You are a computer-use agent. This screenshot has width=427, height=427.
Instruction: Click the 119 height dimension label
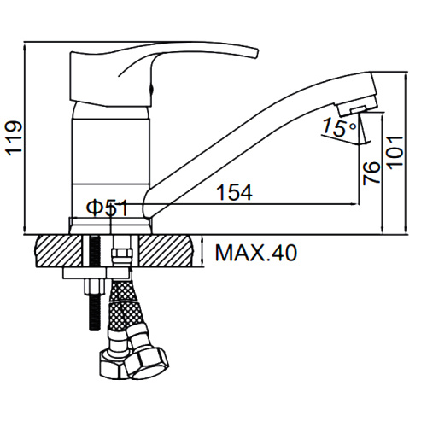point(14,138)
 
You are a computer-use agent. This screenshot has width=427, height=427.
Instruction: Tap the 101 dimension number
point(396,153)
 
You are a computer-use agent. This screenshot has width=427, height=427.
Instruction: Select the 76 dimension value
point(371,173)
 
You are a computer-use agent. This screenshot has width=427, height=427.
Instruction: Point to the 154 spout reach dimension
point(234,192)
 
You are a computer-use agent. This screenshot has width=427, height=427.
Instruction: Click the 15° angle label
point(339,127)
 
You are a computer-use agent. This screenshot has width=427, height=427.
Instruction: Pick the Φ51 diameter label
point(108,208)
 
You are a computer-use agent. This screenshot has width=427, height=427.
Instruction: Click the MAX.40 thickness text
point(256,253)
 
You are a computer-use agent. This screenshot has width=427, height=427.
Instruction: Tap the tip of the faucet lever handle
point(257,53)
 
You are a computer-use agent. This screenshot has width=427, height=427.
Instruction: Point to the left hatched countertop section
point(58,251)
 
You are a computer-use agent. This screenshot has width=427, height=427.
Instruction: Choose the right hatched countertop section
point(166,251)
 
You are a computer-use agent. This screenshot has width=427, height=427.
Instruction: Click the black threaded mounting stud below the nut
point(94,314)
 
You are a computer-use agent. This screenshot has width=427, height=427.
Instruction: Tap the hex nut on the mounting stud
point(94,288)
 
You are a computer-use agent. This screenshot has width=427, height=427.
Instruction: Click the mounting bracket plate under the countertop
point(97,273)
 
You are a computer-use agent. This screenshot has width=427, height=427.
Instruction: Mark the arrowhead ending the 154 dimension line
point(354,204)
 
